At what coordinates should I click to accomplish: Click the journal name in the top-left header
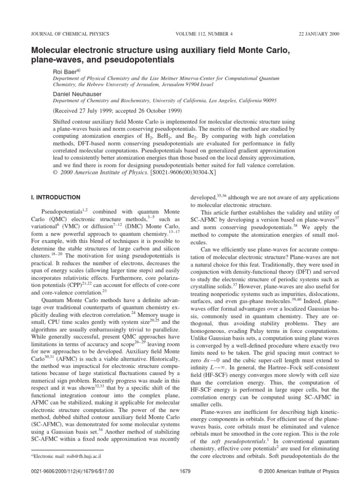[x=70, y=34]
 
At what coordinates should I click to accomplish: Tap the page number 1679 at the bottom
[x=185, y=470]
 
